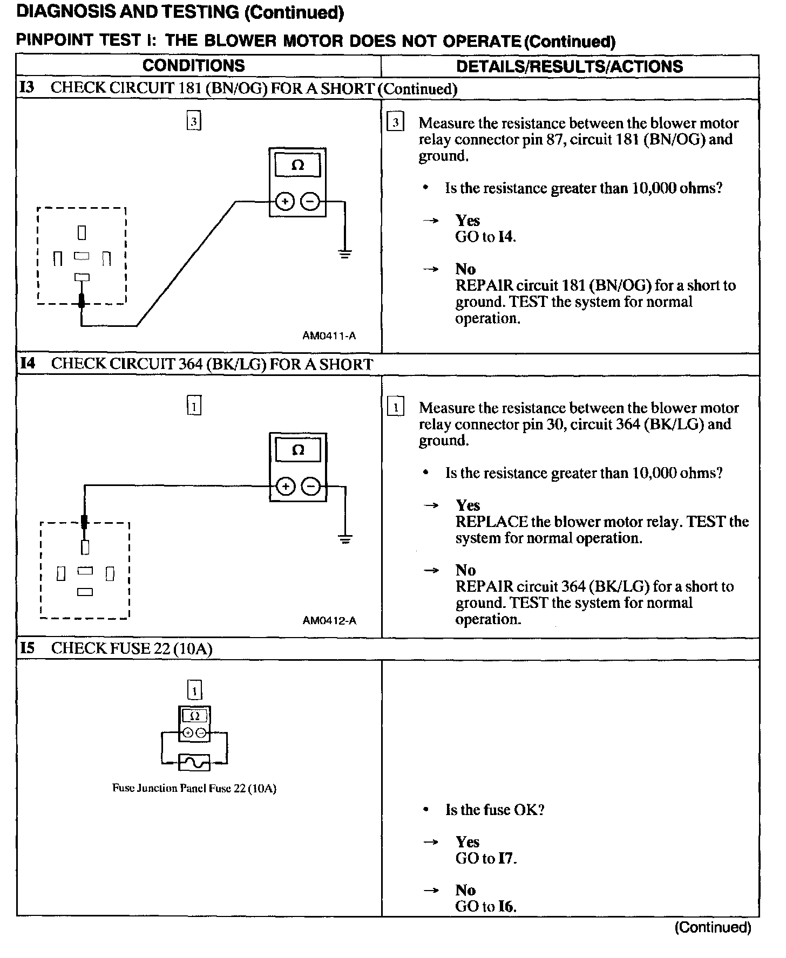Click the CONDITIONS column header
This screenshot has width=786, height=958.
(x=193, y=66)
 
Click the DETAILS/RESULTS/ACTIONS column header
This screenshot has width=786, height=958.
(x=570, y=66)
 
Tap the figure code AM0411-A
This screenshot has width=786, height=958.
(x=329, y=336)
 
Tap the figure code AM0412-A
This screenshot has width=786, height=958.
(x=329, y=620)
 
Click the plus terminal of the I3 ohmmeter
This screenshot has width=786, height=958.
(x=284, y=202)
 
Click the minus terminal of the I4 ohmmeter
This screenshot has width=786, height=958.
(x=310, y=487)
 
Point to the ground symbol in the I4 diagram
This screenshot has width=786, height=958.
(x=345, y=538)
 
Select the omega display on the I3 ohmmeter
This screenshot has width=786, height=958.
(x=297, y=165)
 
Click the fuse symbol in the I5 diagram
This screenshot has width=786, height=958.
(x=194, y=763)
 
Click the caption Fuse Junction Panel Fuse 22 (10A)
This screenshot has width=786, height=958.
(x=194, y=788)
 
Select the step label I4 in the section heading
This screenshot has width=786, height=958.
(x=28, y=364)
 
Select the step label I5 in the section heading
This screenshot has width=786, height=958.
(x=28, y=648)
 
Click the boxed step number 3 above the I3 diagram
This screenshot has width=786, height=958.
(x=194, y=121)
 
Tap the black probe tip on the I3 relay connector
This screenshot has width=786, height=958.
(x=82, y=300)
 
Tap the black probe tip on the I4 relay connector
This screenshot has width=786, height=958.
(x=84, y=522)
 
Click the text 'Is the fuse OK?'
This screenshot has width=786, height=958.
(x=495, y=810)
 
